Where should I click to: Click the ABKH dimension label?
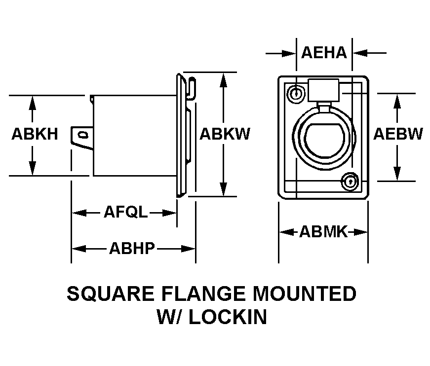click(35, 134)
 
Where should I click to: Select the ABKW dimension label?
click(225, 134)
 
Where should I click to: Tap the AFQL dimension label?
click(125, 213)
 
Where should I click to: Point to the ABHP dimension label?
click(132, 248)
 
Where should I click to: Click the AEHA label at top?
click(324, 52)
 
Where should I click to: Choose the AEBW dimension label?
click(398, 134)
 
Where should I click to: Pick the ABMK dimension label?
click(323, 232)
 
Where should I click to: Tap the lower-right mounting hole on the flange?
click(350, 181)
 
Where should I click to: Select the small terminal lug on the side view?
click(82, 135)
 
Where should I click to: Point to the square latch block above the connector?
click(323, 90)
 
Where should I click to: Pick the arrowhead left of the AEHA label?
click(289, 52)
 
